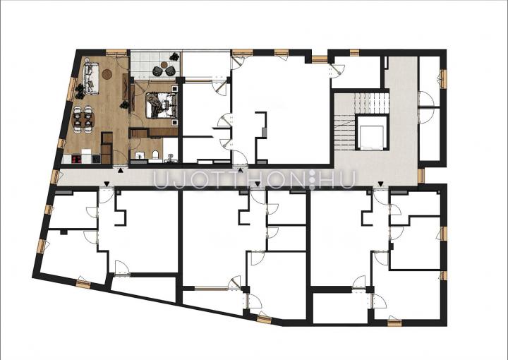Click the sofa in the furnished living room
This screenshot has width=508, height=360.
tap(91, 78)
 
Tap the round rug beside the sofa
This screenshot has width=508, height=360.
tap(107, 74)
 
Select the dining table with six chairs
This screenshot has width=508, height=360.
tap(83, 119)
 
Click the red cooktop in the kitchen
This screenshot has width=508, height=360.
tap(76, 159)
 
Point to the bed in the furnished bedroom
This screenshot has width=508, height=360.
tap(161, 105)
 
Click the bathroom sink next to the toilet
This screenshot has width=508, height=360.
tap(140, 155)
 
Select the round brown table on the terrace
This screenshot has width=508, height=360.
tap(164, 65)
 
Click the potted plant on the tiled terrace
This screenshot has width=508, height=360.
tap(175, 57)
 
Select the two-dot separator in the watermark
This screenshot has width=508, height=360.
tap(313, 179)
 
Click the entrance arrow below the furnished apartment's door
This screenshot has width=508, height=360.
tap(121, 170)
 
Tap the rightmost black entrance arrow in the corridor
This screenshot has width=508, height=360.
tap(381, 184)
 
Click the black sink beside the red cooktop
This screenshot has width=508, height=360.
tap(96, 159)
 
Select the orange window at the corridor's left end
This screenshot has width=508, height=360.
tap(55, 177)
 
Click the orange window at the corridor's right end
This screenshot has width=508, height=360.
tap(421, 176)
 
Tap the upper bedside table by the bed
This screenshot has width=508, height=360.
tap(174, 89)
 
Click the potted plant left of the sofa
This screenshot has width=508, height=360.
tap(79, 91)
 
